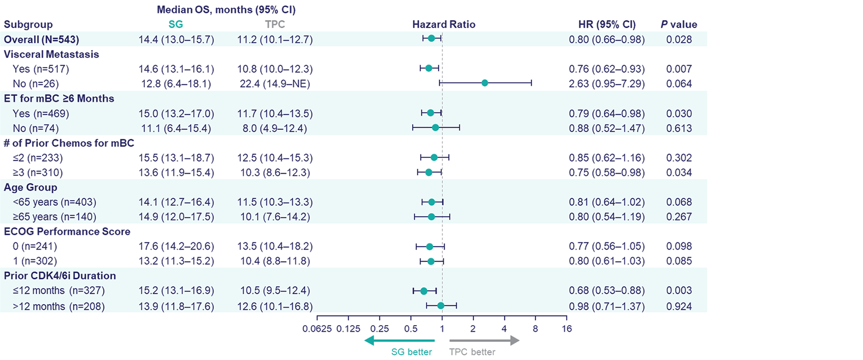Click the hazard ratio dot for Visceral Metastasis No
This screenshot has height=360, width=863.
pos(484,83)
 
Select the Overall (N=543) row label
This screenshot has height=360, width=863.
pos(41,39)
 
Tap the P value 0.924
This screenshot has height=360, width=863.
pos(679,307)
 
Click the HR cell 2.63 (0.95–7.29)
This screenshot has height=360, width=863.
pos(606,84)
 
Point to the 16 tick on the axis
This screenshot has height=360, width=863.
pos(566,329)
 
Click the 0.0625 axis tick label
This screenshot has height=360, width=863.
pos(317,329)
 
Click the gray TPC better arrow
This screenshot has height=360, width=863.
pos(484,341)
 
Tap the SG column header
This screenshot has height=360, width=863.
pos(176,24)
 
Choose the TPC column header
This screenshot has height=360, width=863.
pos(275,24)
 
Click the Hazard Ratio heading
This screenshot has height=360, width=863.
pos(443,24)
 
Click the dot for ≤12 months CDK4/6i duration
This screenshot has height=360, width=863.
pos(424,291)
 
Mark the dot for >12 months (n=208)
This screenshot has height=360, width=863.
pos(441,306)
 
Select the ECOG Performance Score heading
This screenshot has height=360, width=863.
pos(67,231)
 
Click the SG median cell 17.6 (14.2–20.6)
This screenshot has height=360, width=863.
pos(176,246)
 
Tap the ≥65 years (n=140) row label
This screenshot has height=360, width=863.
pos(54,217)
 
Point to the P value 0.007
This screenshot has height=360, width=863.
pos(679,69)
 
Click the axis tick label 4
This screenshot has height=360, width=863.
pos(504,329)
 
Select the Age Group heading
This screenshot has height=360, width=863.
pos(30,187)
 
